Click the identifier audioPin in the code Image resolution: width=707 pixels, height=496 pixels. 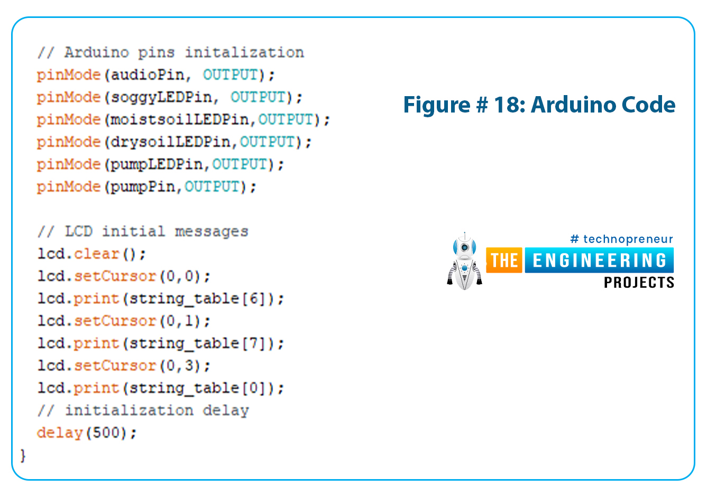[x=148, y=75]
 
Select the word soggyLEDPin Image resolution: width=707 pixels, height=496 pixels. [x=161, y=98]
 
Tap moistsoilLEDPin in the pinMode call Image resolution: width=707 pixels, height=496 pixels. [x=180, y=120]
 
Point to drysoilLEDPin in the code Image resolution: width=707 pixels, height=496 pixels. [x=170, y=142]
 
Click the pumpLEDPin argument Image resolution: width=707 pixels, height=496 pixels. [x=157, y=165]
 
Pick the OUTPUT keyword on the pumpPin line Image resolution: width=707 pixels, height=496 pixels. [x=212, y=186]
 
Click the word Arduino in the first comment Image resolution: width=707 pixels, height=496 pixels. [x=97, y=52]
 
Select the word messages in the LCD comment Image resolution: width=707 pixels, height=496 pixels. [x=212, y=232]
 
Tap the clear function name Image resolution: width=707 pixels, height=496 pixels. [x=97, y=254]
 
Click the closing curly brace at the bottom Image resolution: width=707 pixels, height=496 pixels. [x=23, y=456]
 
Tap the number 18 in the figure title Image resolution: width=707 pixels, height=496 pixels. [x=506, y=105]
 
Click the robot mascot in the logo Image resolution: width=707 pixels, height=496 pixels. [x=464, y=261]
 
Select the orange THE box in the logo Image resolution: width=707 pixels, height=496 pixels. [x=504, y=260]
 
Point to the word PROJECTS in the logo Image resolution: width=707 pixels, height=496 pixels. [x=639, y=283]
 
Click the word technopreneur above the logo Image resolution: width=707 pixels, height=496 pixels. [x=628, y=239]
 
